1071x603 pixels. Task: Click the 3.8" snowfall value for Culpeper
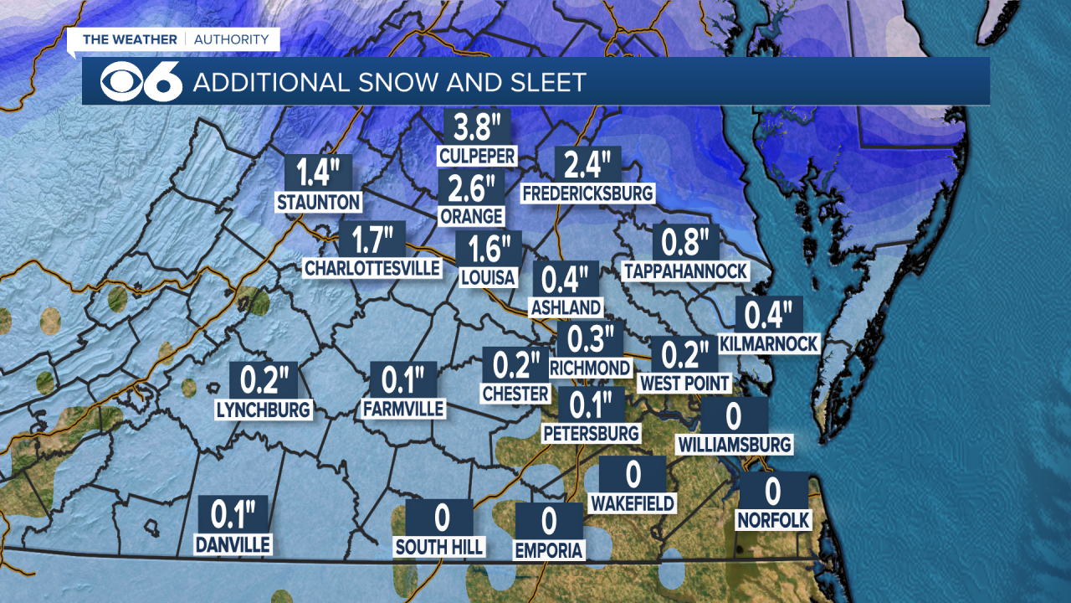tap(476, 128)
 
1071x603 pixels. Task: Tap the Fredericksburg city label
tap(587, 193)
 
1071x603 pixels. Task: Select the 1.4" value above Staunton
tap(318, 173)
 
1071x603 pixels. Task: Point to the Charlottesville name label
tap(372, 268)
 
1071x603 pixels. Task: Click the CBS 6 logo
tap(141, 81)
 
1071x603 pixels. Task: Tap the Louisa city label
tap(489, 277)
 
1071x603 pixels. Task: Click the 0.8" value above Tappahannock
tap(685, 243)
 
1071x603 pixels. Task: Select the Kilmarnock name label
tap(768, 344)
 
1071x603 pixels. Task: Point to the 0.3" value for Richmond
tap(591, 339)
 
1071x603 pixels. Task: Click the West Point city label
tap(684, 383)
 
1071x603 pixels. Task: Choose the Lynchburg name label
tap(264, 410)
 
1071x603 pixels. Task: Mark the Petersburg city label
tap(591, 433)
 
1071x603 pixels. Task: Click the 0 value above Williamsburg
tap(734, 415)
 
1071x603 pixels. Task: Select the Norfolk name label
tap(773, 520)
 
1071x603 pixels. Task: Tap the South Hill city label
tap(439, 547)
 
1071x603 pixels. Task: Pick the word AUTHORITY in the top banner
tap(233, 39)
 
